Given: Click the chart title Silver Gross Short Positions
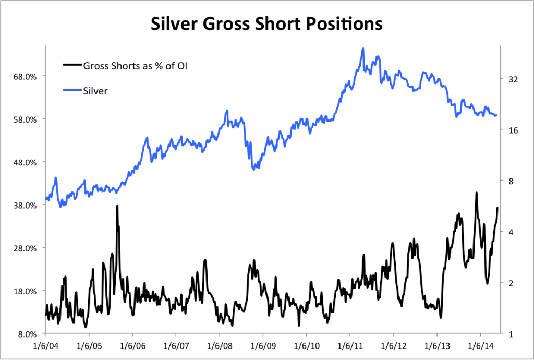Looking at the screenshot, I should pyautogui.click(x=266, y=24).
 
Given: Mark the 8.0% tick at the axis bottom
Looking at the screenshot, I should pyautogui.click(x=27, y=334).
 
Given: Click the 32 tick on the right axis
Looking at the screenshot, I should pyautogui.click(x=513, y=79).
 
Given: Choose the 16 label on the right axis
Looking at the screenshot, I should pyautogui.click(x=513, y=130).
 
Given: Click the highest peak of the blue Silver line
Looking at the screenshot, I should pyautogui.click(x=362, y=49).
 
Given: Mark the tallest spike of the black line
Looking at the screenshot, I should pyautogui.click(x=476, y=193).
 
